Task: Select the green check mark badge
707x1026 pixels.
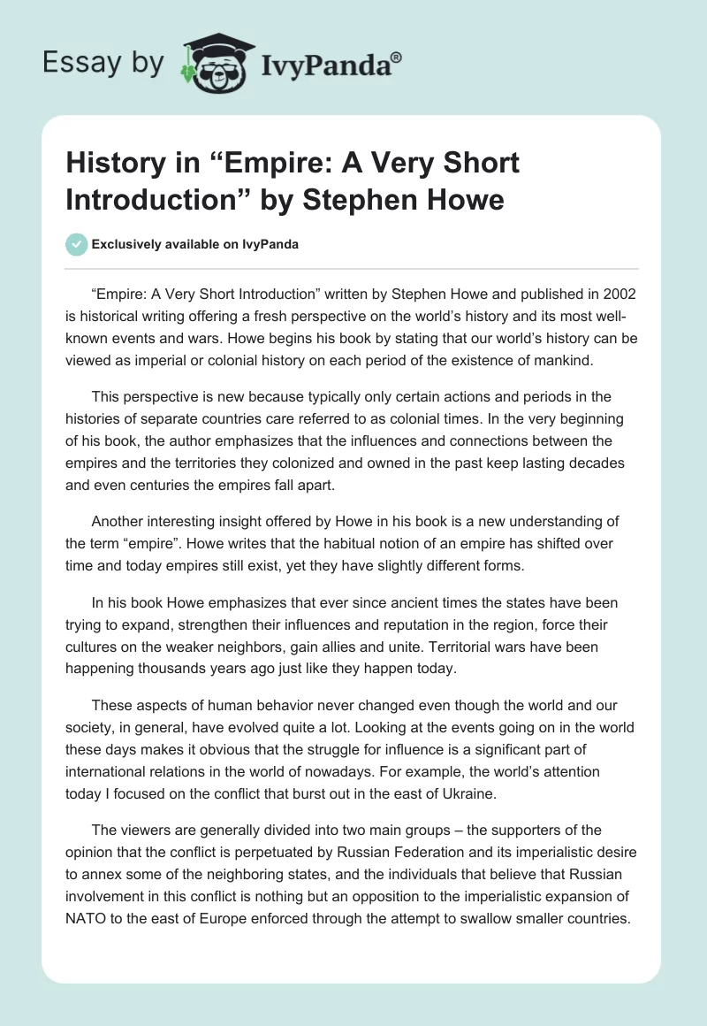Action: (x=77, y=244)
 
